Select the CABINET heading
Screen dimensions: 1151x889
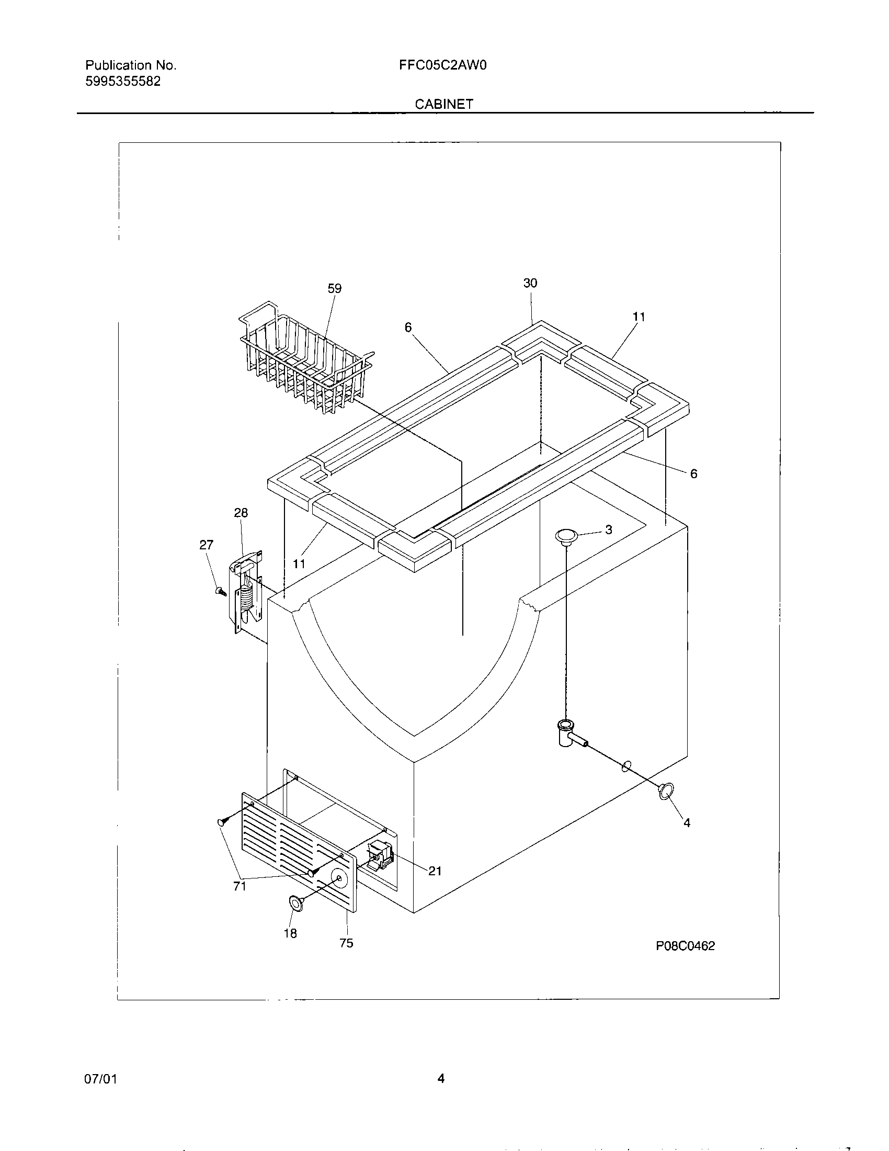[x=444, y=104]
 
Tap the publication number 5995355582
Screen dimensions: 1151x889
[x=123, y=82]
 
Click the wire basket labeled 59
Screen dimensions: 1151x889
[x=305, y=356]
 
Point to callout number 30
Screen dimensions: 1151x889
[x=530, y=283]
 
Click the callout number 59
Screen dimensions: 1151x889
[x=335, y=288]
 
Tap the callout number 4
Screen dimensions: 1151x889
[x=687, y=822]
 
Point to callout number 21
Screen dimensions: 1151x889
[x=435, y=871]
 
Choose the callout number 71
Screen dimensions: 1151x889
[x=240, y=886]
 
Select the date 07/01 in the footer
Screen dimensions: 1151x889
[x=100, y=1079]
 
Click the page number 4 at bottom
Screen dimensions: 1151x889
[x=441, y=1079]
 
